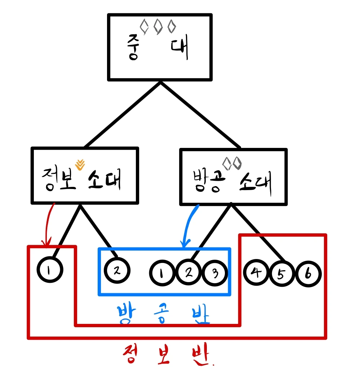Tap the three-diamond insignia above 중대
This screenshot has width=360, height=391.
pos(158,27)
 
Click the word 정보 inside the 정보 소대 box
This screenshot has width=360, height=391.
pos(59,179)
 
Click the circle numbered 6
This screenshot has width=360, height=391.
pos(308,274)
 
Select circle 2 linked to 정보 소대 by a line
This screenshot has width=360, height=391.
pos(116,270)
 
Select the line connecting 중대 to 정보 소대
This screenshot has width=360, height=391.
pos(123,114)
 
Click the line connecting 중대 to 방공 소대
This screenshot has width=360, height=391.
pos(200,114)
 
